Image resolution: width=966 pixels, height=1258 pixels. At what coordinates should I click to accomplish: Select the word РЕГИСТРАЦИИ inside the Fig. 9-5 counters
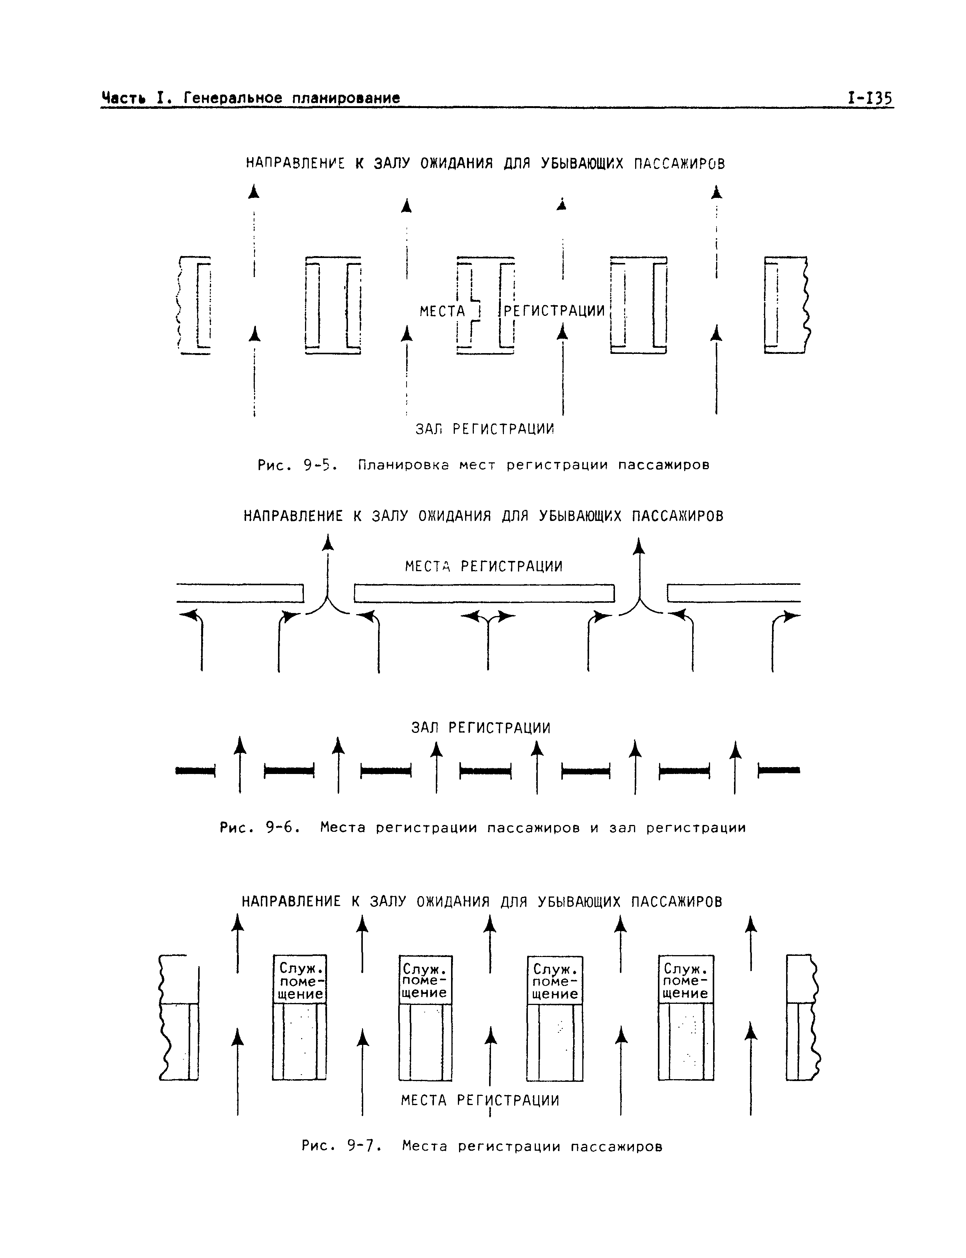coord(554,311)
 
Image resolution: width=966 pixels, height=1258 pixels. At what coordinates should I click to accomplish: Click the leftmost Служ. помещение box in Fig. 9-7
coord(299,979)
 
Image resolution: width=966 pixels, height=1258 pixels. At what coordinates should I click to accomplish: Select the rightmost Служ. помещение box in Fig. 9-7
coord(685,979)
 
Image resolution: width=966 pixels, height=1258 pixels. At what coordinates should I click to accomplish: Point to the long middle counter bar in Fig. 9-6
coord(484,593)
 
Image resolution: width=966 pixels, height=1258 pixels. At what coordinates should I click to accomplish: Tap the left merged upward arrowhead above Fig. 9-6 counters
coord(328,542)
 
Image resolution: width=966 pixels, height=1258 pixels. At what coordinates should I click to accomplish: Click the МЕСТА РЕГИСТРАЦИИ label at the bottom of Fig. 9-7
coord(480,1100)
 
